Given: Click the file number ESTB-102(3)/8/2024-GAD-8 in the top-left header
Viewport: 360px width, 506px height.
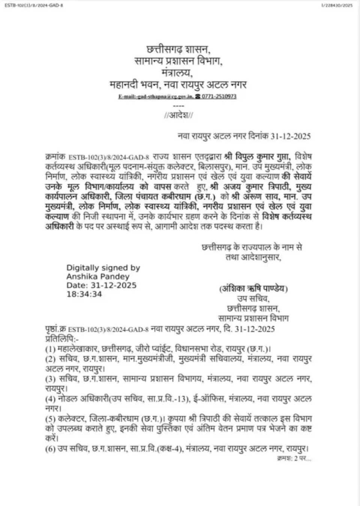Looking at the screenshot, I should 34,6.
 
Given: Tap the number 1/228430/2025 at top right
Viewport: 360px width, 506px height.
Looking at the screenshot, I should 337,6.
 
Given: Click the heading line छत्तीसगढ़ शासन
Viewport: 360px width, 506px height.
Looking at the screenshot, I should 178,49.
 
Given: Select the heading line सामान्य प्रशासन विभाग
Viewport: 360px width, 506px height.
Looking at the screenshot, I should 178,61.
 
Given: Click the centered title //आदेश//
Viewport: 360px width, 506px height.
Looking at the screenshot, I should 178,115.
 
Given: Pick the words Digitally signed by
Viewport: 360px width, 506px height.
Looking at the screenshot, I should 103,268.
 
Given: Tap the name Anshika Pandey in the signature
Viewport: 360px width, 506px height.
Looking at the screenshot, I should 98,277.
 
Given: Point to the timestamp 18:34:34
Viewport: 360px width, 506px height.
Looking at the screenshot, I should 84,294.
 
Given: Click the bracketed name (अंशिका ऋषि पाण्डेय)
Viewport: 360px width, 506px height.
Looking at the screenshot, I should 253,289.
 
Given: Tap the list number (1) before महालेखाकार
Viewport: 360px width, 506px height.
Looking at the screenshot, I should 50,349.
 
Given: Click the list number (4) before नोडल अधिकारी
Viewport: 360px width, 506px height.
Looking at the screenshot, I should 50,399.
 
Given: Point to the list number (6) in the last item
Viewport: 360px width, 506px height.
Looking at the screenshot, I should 50,449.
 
